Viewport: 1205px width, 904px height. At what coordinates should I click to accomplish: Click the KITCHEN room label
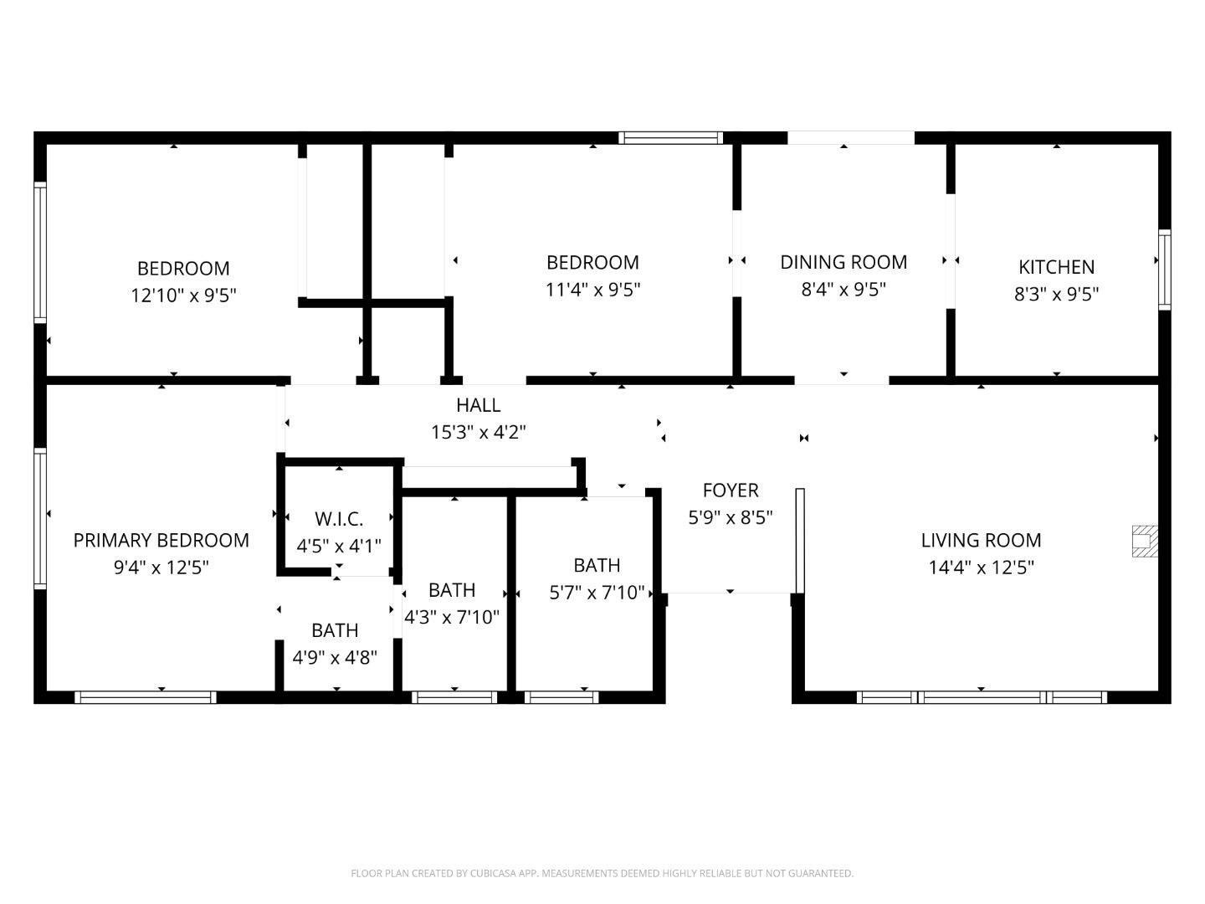pos(1056,267)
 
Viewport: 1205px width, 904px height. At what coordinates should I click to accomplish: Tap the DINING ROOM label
pos(843,262)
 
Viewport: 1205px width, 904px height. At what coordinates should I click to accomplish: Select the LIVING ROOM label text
pos(981,540)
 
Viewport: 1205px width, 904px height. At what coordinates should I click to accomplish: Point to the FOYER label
pos(730,490)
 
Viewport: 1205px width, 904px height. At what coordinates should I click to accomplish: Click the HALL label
pos(478,405)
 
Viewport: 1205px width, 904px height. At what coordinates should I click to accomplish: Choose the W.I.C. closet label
pos(339,519)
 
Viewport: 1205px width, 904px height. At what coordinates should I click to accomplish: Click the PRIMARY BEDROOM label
pos(161,540)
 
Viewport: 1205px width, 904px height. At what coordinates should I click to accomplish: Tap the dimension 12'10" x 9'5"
pos(183,295)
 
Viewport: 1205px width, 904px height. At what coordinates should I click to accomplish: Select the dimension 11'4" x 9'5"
pos(592,290)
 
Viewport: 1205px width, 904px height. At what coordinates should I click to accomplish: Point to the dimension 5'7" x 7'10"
pos(597,593)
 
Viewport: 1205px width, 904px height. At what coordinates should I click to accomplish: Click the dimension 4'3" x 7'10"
pos(452,618)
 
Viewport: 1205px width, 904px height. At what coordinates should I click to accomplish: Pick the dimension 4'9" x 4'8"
pos(335,657)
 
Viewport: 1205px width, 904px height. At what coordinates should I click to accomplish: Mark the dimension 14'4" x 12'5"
pos(981,568)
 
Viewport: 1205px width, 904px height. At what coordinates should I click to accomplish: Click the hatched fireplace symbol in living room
pos(1145,541)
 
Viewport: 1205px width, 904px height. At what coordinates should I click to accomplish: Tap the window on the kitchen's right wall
pos(1164,269)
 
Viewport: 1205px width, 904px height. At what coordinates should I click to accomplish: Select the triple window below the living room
pos(982,697)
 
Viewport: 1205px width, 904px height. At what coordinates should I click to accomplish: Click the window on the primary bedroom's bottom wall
pos(146,697)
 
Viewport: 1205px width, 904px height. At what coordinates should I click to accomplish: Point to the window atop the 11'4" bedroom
pos(670,138)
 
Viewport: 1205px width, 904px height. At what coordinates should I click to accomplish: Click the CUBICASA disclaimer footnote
pos(602,873)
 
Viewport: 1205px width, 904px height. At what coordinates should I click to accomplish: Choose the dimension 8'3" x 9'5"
pos(1056,294)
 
